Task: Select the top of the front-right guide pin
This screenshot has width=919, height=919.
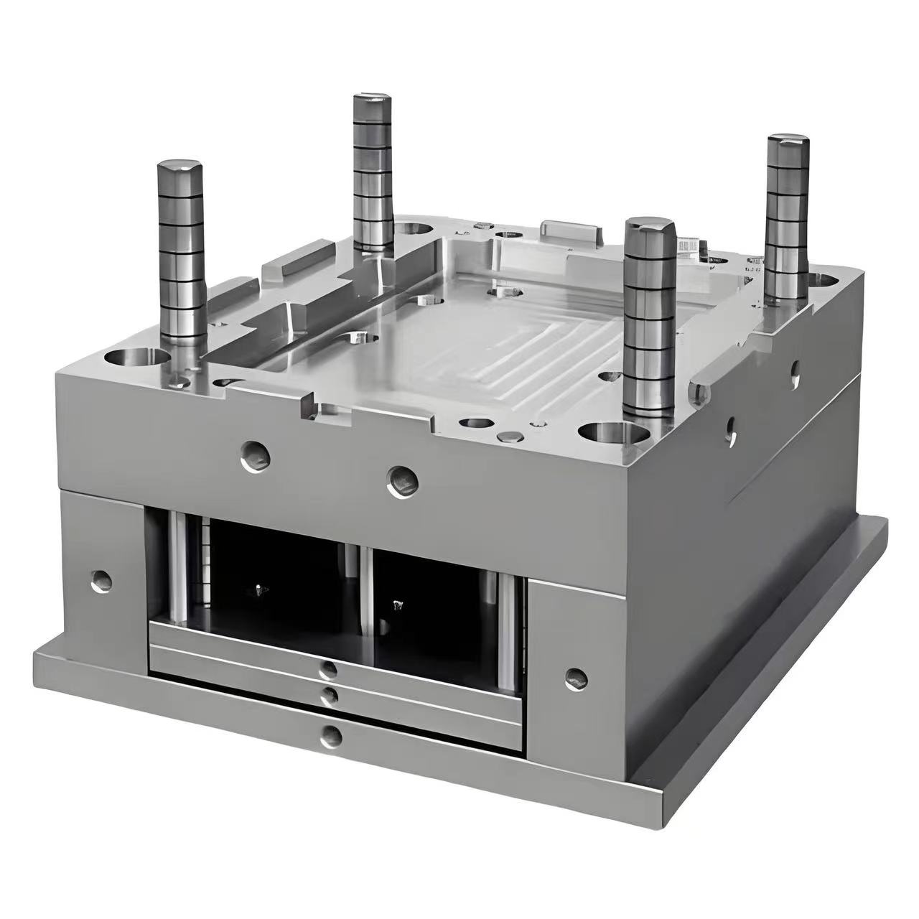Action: [650, 228]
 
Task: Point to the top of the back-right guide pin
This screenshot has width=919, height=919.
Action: [788, 141]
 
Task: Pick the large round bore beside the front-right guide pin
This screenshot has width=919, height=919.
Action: [610, 434]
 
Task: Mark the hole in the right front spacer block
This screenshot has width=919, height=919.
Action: [575, 678]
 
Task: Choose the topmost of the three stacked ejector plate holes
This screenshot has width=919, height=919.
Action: [329, 671]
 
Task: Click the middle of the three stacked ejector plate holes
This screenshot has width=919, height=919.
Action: [331, 695]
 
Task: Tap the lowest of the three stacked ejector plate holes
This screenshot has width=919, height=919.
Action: [331, 734]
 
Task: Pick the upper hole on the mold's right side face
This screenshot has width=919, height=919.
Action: [794, 370]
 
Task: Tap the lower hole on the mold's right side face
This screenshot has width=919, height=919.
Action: [731, 429]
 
